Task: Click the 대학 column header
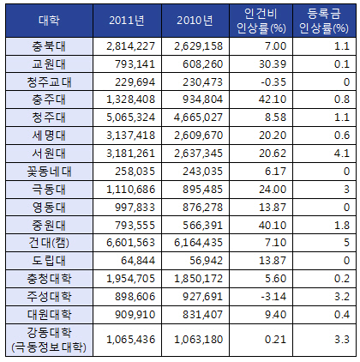(x=49, y=21)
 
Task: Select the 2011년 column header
(x=127, y=21)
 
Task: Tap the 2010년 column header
(x=195, y=21)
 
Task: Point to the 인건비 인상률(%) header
(x=261, y=21)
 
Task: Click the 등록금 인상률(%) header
(x=324, y=21)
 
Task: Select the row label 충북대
(x=49, y=46)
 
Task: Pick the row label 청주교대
(x=49, y=82)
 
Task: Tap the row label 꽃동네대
(x=49, y=172)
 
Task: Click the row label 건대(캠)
(x=49, y=243)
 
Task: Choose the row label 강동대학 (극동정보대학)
(x=49, y=340)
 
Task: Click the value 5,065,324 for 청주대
(x=130, y=118)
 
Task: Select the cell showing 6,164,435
(x=198, y=243)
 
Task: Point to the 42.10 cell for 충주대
(x=273, y=100)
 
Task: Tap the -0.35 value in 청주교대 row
(x=273, y=82)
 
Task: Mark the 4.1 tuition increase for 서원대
(x=342, y=154)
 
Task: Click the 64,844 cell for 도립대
(x=138, y=261)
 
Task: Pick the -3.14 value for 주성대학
(x=273, y=297)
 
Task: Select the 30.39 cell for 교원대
(x=273, y=64)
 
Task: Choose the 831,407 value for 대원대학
(x=202, y=315)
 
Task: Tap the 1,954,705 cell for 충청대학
(x=130, y=279)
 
